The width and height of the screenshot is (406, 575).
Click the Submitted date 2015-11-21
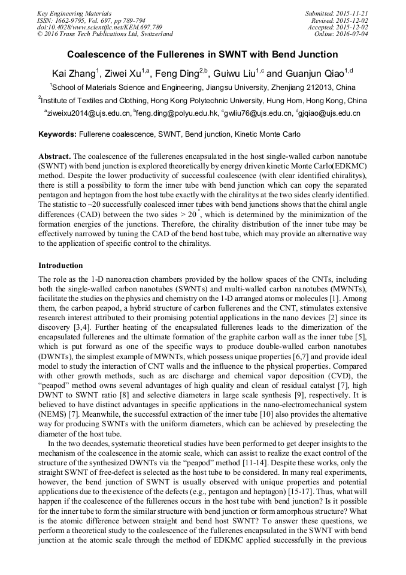pyautogui.click(x=353, y=13)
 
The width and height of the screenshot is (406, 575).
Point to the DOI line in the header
pyautogui.click(x=99, y=28)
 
